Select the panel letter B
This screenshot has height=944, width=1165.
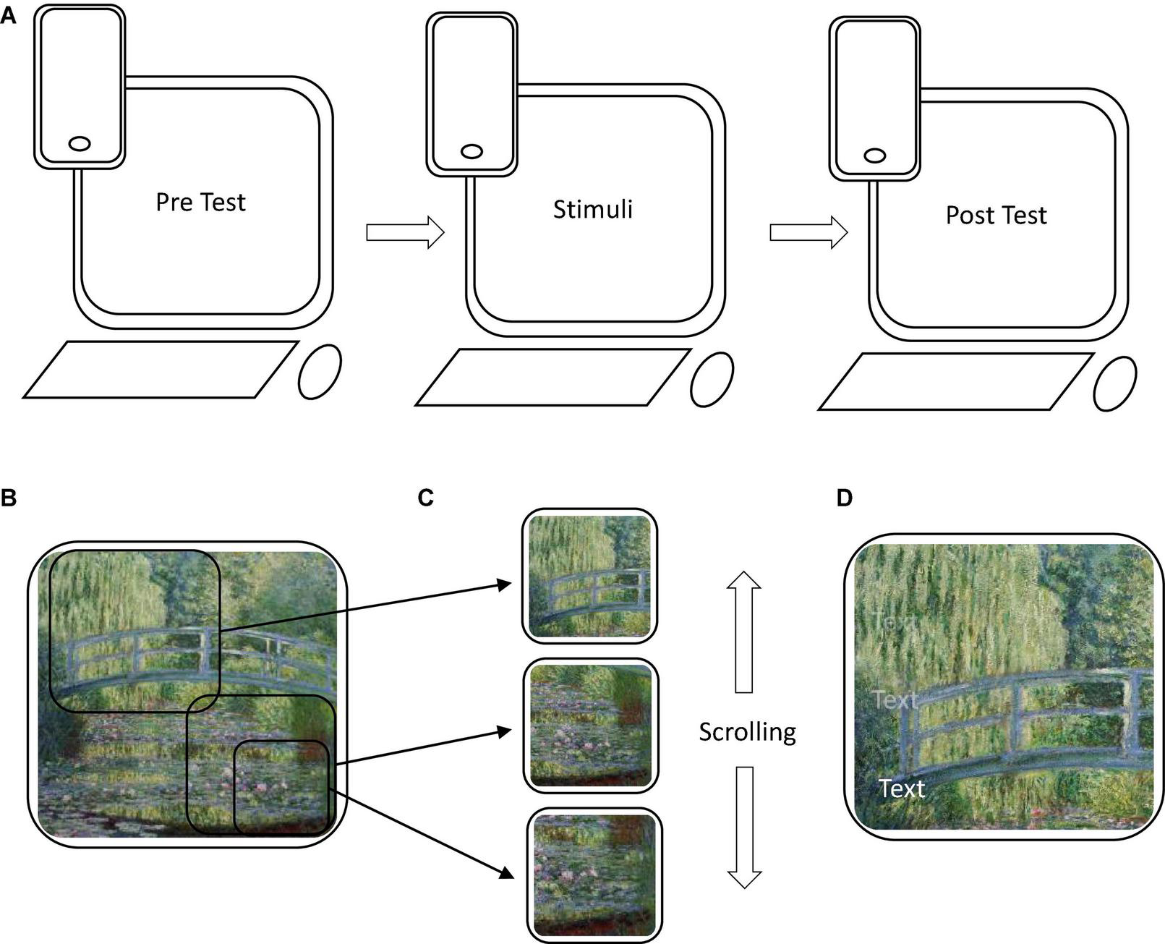(8, 498)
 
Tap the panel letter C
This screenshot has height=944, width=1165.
(426, 498)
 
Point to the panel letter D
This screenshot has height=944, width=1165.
(844, 498)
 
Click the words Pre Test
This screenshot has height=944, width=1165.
(200, 203)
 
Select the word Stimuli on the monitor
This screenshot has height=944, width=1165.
(592, 210)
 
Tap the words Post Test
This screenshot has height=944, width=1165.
(996, 216)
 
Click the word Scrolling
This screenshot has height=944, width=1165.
(747, 732)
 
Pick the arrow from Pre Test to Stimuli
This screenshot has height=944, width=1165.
(405, 232)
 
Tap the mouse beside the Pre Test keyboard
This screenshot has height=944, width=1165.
(320, 371)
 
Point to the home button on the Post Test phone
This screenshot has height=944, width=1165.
(875, 156)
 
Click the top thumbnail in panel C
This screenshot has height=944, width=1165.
(590, 575)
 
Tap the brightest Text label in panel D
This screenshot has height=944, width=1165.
(901, 788)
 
